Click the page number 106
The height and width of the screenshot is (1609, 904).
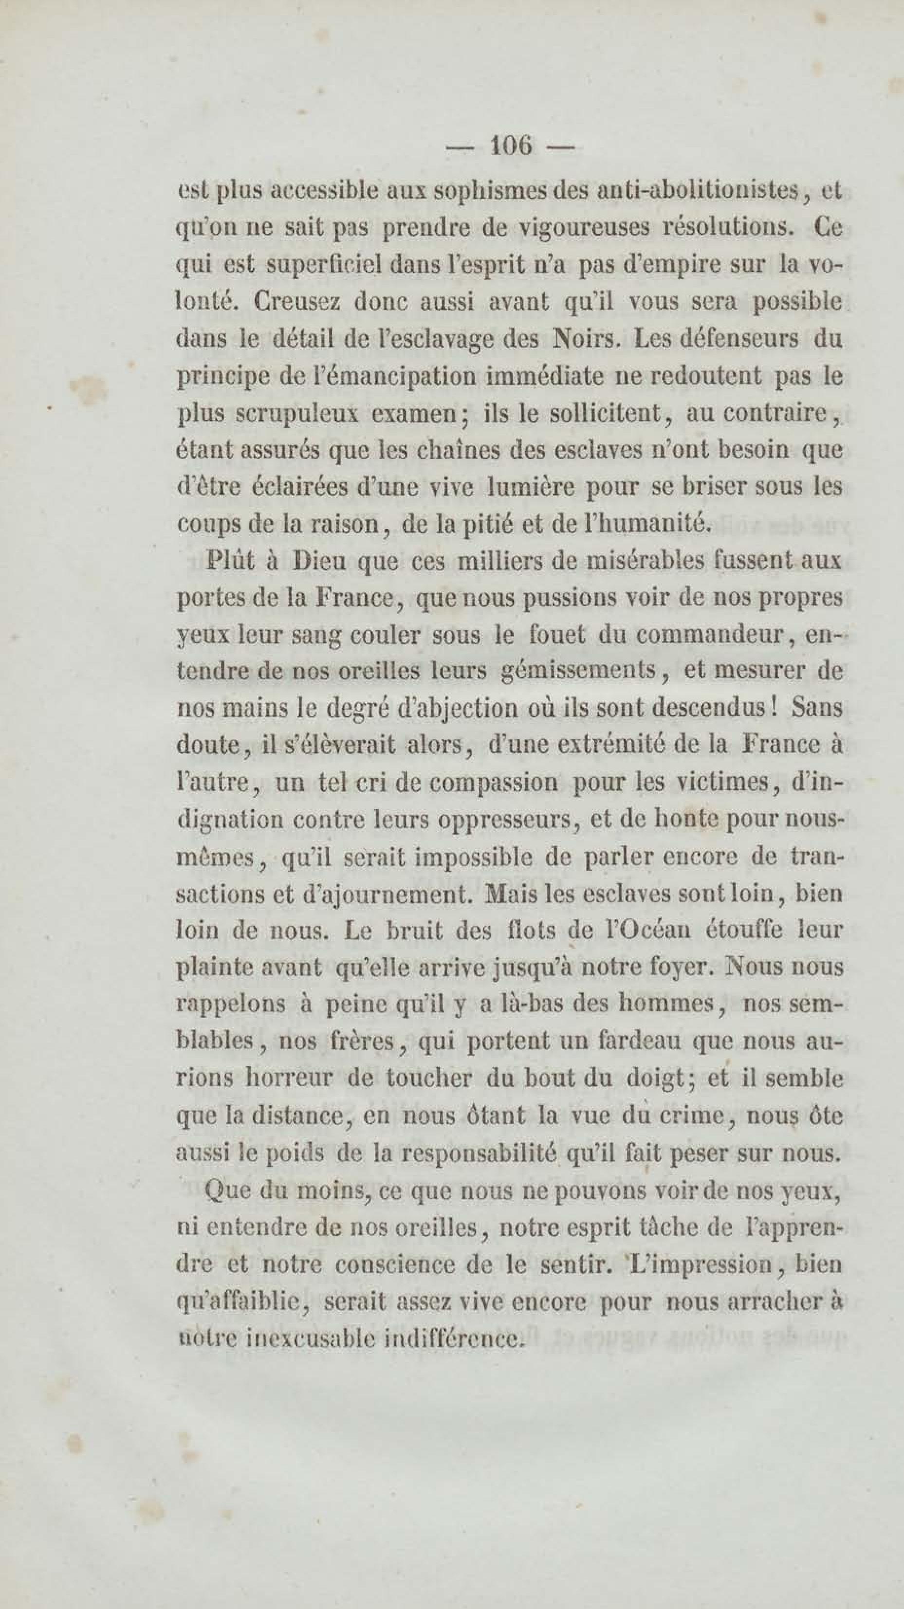pos(511,146)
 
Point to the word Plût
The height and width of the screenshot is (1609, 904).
pos(231,560)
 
